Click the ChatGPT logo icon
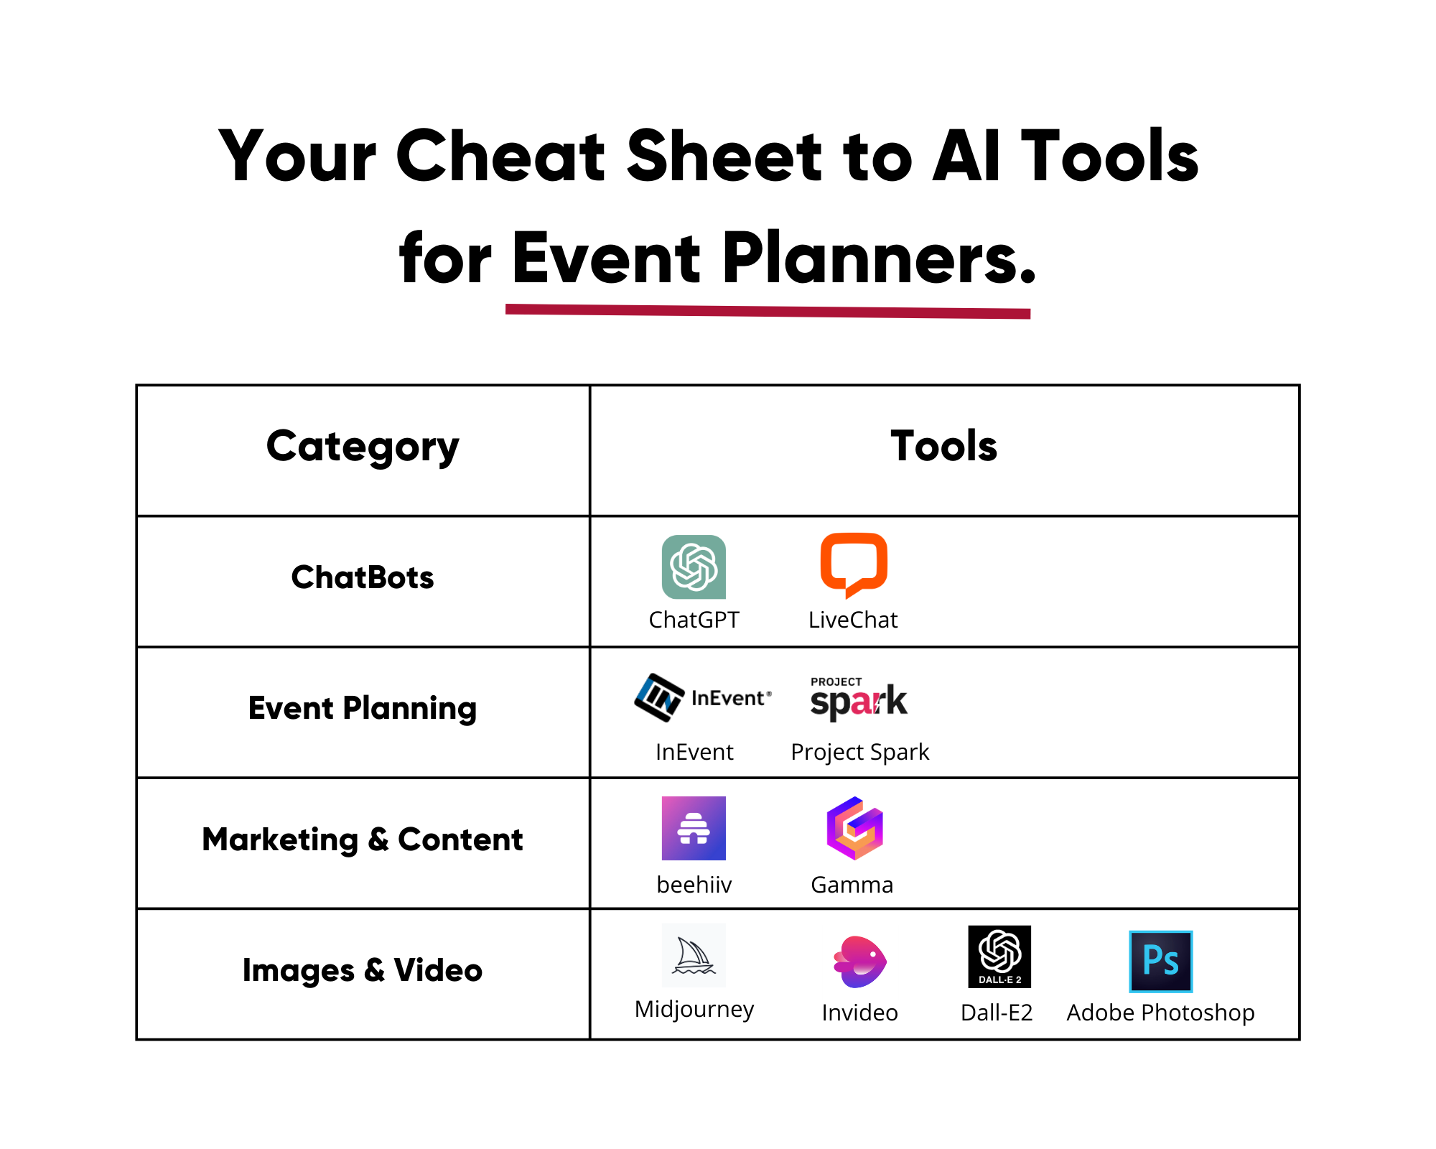point(694,567)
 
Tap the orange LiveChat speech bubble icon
point(854,564)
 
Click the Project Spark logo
point(859,699)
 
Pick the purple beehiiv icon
point(694,828)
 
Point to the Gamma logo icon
point(854,828)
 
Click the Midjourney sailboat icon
point(694,956)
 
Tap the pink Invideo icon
point(859,962)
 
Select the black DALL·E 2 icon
point(999,957)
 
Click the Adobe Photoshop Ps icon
point(1160,962)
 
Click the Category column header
point(363,446)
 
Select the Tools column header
point(943,446)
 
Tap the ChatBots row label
point(363,577)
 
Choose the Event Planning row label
point(363,708)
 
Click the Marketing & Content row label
point(363,839)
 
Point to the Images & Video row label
point(363,970)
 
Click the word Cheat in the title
point(500,156)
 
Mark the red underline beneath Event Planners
point(768,311)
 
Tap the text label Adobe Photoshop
point(1160,1013)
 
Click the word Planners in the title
point(879,259)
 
